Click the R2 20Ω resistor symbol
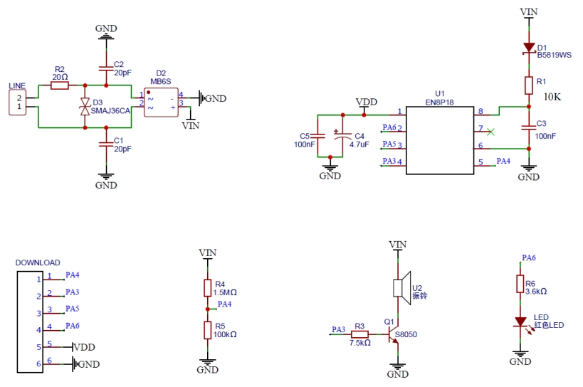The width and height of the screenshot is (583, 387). click(60, 85)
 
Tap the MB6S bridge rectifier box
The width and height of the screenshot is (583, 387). click(161, 102)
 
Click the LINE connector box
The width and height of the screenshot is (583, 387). click(16, 102)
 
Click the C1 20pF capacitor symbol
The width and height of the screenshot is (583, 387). click(106, 144)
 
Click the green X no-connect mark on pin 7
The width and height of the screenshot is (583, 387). click(490, 131)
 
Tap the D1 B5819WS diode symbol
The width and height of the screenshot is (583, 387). click(529, 48)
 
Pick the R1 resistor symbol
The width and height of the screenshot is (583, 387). click(529, 85)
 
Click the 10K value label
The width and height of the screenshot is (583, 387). click(552, 97)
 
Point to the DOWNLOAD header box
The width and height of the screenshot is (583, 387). click(28, 320)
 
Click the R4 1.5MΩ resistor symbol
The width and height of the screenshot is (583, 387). click(207, 287)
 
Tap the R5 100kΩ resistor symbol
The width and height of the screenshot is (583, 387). click(207, 330)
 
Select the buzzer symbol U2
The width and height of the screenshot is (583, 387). click(401, 287)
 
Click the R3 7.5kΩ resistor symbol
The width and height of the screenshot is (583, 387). click(359, 334)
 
